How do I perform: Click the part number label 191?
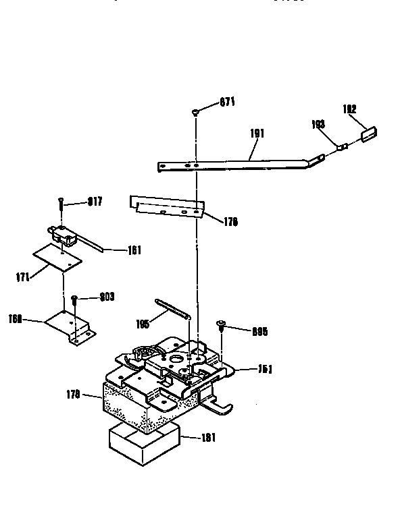(x=257, y=134)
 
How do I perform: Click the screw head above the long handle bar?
(x=195, y=112)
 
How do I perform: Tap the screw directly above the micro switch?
(x=61, y=200)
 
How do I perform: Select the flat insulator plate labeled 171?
(x=58, y=258)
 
